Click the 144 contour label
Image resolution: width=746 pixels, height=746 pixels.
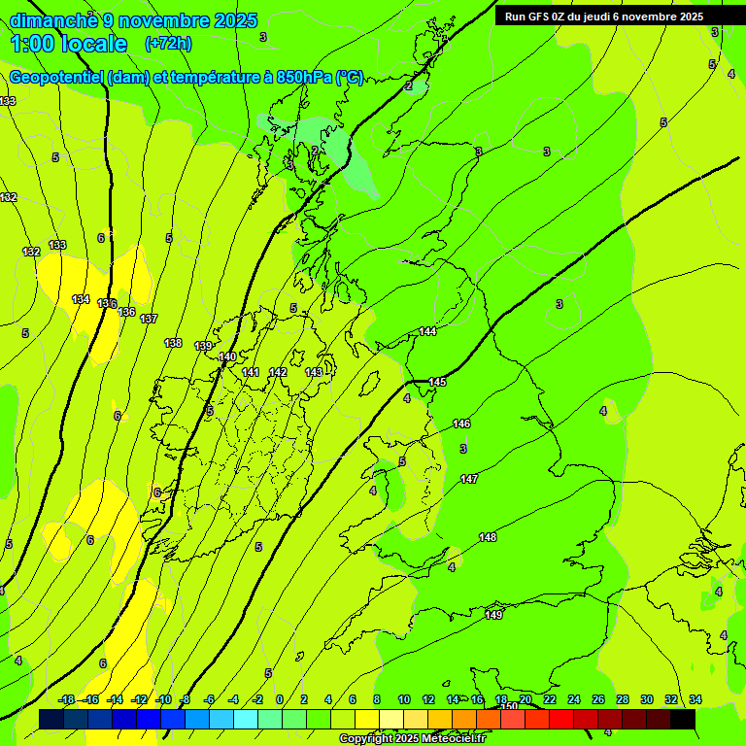(427, 332)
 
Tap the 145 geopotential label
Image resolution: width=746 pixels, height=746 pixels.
(438, 382)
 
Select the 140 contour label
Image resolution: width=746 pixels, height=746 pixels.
(227, 356)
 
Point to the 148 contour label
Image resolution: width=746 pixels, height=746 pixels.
(488, 537)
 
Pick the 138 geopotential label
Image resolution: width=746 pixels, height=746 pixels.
(173, 343)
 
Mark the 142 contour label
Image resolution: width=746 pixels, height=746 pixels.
(278, 372)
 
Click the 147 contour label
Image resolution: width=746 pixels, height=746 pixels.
(469, 479)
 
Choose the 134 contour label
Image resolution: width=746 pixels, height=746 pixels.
(81, 299)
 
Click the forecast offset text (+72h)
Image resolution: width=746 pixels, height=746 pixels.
(168, 44)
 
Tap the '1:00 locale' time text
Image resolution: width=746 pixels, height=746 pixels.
(69, 44)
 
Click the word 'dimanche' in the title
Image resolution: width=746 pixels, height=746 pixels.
(53, 20)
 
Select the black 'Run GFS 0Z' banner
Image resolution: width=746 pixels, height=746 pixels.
(604, 17)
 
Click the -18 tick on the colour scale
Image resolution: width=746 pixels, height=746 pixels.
(67, 699)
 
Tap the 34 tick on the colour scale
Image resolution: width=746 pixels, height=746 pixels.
(695, 699)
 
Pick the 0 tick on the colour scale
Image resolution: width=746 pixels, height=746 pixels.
(280, 699)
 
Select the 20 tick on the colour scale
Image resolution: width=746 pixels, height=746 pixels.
(526, 699)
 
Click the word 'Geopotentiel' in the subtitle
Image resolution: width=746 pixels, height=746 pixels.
(57, 78)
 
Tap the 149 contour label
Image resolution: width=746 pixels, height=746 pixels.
(493, 615)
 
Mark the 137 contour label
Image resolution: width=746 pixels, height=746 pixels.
(149, 319)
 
